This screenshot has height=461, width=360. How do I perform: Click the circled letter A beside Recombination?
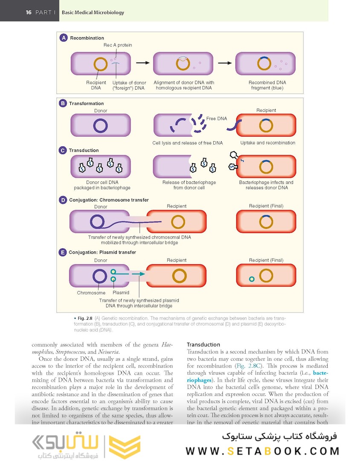[x=64, y=38]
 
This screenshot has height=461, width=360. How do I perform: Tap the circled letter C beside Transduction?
[x=63, y=150]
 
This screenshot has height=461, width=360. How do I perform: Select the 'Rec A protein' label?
[x=118, y=45]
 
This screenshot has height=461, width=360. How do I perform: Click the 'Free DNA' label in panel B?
[x=217, y=119]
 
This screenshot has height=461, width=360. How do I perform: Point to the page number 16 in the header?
[x=29, y=12]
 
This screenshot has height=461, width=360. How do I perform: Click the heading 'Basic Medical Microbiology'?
[x=93, y=12]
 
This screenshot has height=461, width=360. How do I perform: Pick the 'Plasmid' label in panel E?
[x=121, y=293]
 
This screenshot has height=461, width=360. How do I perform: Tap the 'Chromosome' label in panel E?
[x=91, y=293]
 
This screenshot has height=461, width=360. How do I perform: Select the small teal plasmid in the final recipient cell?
[x=252, y=279]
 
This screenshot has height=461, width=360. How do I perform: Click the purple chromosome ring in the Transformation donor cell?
[x=100, y=126]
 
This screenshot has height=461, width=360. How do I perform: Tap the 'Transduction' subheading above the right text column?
[x=203, y=344]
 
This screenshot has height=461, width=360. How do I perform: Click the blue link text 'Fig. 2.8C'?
[x=247, y=366]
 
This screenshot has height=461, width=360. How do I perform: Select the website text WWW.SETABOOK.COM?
[x=262, y=451]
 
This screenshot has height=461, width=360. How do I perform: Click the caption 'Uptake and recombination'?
[x=267, y=143]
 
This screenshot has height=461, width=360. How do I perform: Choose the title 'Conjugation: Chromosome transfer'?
[x=109, y=200]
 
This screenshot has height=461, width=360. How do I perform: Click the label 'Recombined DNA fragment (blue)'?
[x=267, y=85]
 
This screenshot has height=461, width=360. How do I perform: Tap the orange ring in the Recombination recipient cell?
[x=101, y=64]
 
